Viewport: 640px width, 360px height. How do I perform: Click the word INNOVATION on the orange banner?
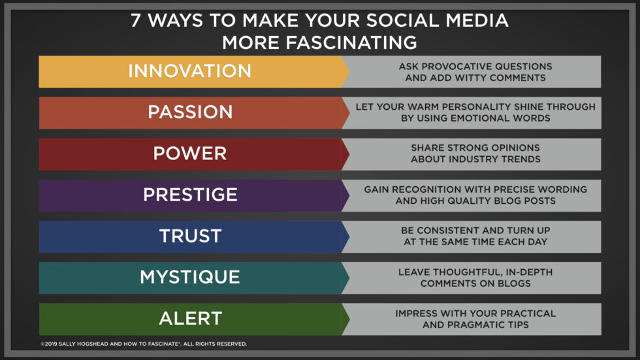point(189,71)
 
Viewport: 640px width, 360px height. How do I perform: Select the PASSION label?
point(190,112)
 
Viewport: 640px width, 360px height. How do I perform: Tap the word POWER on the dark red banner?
point(190,154)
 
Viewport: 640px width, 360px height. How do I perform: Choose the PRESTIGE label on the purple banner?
point(190,195)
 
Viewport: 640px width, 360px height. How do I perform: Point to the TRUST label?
point(190,236)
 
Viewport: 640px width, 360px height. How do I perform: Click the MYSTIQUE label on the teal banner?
point(190,277)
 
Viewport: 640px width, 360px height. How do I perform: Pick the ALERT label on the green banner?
point(190,318)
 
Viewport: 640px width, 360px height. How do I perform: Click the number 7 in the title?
point(135,20)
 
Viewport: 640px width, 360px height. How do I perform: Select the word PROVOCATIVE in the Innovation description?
point(459,66)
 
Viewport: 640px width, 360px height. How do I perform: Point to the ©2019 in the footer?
point(48,344)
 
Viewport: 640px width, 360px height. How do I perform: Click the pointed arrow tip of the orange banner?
point(347,71)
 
